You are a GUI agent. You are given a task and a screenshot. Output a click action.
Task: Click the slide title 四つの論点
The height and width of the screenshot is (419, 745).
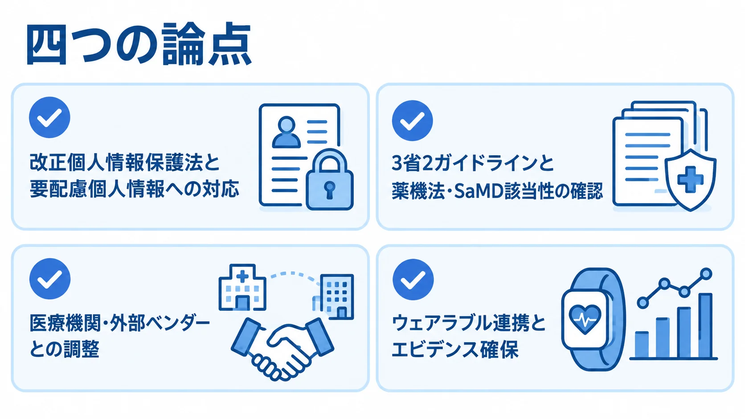(139, 44)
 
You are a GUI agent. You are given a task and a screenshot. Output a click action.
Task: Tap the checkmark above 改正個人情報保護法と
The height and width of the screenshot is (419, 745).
(49, 117)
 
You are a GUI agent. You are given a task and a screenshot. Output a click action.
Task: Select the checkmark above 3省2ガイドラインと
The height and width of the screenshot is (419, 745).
(413, 121)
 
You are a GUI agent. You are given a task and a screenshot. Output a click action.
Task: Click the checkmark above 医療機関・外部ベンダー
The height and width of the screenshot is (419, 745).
(50, 279)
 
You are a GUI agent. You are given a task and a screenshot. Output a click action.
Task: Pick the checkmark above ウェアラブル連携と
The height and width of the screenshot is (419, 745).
(413, 280)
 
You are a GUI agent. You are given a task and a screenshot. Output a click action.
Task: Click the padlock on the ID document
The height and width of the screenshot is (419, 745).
(329, 179)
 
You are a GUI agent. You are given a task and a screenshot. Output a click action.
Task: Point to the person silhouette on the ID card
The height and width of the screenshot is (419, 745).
(287, 132)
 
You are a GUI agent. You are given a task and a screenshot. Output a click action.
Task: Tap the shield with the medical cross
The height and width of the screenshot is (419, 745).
(690, 180)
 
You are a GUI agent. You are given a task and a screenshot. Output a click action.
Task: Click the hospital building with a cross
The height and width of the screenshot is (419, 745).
(242, 287)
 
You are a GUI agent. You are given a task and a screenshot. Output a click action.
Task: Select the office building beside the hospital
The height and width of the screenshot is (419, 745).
(336, 297)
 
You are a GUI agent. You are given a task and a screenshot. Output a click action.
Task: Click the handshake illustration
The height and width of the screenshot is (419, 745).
(282, 349)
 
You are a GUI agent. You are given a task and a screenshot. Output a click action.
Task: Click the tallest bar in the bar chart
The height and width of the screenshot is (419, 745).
(705, 325)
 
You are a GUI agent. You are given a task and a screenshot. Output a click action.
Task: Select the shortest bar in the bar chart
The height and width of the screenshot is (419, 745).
(642, 345)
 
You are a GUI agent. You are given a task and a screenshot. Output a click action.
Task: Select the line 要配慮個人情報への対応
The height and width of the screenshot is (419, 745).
(135, 189)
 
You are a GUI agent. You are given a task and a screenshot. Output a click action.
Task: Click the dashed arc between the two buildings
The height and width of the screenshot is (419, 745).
(295, 277)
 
